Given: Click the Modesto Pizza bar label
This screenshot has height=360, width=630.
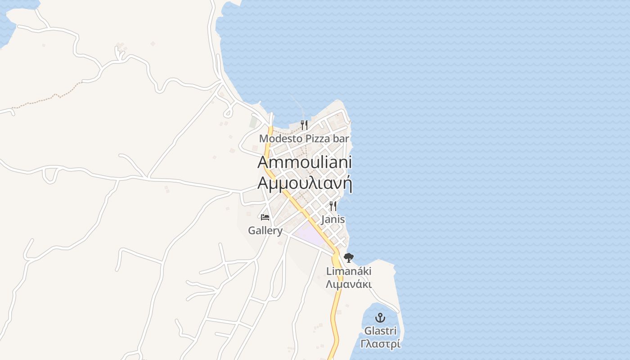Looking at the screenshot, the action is tap(304, 139).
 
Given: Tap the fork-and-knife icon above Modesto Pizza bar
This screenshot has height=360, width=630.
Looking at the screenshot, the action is tap(304, 125).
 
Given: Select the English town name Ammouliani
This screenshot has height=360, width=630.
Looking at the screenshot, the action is tap(304, 162).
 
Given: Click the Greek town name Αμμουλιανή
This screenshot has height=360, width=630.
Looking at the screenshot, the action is tap(304, 184).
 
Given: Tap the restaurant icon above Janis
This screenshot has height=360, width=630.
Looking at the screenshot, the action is tap(333, 206).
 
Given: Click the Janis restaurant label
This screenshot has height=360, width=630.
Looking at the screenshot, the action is tap(333, 220).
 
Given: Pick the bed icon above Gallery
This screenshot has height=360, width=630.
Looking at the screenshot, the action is tap(265, 217).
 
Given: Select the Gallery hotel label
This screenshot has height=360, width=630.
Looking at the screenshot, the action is tap(265, 231).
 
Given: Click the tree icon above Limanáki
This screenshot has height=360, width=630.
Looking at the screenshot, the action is tap(348, 258).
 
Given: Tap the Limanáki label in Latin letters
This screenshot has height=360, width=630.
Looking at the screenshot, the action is tap(349, 271).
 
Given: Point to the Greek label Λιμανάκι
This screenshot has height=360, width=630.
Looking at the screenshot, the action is tap(349, 284).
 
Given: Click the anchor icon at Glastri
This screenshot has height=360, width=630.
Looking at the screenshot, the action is tap(380, 318).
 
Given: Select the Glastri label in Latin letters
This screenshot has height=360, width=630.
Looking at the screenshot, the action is tap(380, 331).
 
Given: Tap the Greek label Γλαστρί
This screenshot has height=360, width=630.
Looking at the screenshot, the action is tap(380, 344).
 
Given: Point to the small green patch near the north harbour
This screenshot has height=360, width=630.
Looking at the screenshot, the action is tap(253, 122).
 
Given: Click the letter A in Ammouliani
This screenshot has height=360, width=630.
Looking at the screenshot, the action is tap(264, 162).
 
